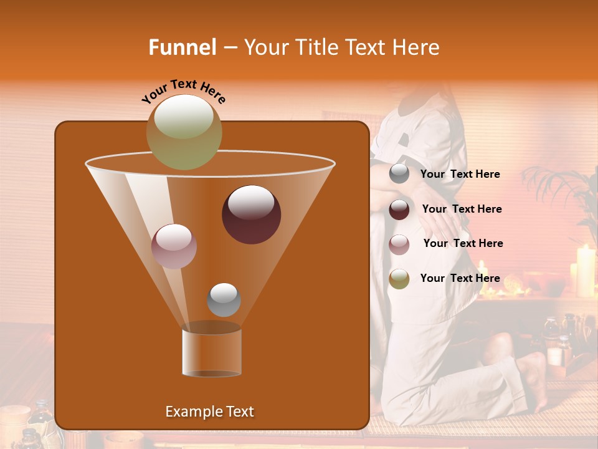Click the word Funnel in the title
click(183, 47)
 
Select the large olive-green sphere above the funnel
click(184, 132)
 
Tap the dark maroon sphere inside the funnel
click(251, 214)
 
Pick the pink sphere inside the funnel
click(174, 246)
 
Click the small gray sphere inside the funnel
click(224, 299)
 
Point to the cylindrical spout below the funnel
click(212, 350)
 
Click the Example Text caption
click(209, 412)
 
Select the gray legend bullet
click(399, 174)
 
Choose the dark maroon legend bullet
click(399, 210)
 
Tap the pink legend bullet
click(399, 244)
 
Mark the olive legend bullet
click(399, 278)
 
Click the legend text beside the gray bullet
click(460, 175)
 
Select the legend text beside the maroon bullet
click(462, 210)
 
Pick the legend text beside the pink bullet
click(463, 244)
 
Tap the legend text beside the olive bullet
click(460, 278)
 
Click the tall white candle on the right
click(586, 270)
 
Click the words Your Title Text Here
click(341, 47)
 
